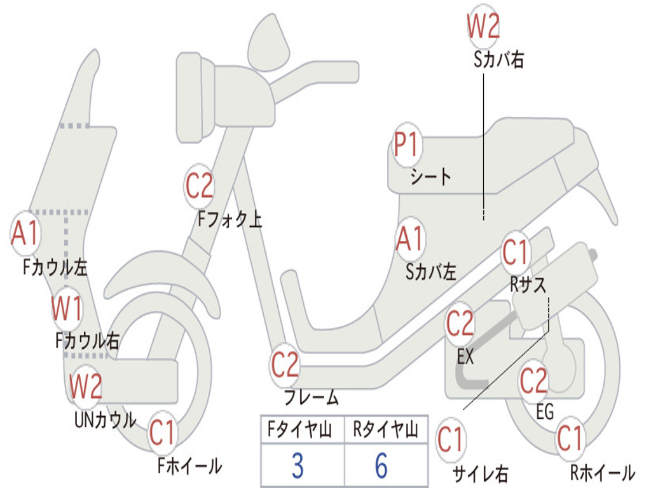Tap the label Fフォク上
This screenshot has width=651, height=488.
(x=230, y=219)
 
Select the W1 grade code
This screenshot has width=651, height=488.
(x=67, y=309)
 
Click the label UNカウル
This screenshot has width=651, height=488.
(x=106, y=419)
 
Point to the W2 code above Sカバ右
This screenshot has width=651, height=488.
(x=483, y=27)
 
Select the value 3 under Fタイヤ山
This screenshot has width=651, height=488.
(x=297, y=466)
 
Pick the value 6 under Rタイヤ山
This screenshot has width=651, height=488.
(x=381, y=466)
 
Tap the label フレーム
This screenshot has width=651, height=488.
(x=312, y=398)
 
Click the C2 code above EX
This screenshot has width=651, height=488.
(x=460, y=325)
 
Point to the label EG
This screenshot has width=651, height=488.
(x=545, y=412)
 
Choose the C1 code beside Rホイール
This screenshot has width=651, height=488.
(x=570, y=438)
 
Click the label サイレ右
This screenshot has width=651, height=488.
(x=480, y=473)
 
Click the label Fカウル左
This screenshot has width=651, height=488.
(x=55, y=268)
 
